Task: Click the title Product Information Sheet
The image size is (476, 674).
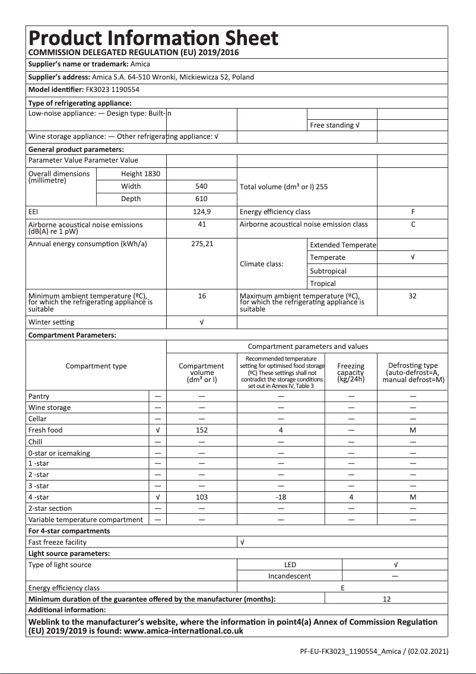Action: coord(153,39)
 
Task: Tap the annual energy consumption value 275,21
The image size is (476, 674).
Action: coord(202,244)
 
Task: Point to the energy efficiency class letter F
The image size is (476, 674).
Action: coord(412,212)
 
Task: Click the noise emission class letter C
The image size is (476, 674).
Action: coord(412,224)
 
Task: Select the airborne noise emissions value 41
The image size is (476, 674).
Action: coord(202,224)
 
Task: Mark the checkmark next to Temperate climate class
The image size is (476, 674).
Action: coord(412,257)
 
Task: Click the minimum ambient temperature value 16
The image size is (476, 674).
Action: coord(202,295)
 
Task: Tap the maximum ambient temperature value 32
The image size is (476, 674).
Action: coord(412,295)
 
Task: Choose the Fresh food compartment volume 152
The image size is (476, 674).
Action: coord(202,430)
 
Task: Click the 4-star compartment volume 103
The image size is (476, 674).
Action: coord(202,497)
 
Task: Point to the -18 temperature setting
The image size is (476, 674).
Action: coord(281,497)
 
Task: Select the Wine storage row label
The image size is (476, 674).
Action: coord(49,408)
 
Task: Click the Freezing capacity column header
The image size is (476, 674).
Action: coord(351,373)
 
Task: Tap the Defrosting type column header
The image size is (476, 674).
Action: coord(412,373)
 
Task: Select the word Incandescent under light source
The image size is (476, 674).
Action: coord(289,576)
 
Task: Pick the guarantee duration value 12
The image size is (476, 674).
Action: coord(386,599)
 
